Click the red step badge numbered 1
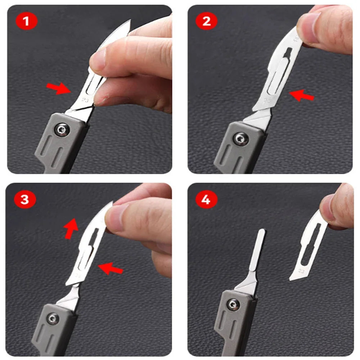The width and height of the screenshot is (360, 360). (x=26, y=22)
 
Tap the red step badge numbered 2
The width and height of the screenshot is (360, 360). (x=207, y=22)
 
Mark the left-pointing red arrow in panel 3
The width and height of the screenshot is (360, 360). (x=111, y=267)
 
